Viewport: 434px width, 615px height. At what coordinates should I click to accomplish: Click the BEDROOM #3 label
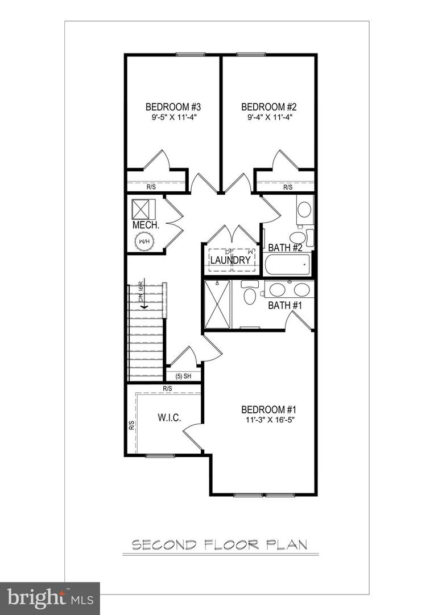point(173,106)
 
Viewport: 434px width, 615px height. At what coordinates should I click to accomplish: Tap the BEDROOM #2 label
point(270,106)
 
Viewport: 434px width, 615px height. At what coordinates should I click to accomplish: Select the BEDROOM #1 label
point(270,409)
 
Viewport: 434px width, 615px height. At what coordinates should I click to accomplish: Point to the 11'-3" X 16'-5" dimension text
point(270,420)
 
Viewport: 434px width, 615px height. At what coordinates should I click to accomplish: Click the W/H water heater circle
point(143,242)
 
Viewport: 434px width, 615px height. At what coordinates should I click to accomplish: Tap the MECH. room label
point(145,225)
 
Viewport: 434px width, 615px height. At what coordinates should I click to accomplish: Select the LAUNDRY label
point(230,260)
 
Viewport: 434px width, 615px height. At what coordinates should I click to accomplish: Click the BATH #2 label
point(285,248)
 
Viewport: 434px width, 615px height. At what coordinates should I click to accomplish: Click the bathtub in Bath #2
point(288,264)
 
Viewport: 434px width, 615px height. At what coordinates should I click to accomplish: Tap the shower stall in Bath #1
point(217,304)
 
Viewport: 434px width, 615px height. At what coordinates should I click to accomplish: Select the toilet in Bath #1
point(249,294)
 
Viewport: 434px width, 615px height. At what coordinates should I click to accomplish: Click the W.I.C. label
point(169,418)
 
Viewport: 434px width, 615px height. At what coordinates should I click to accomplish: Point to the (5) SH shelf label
point(183,376)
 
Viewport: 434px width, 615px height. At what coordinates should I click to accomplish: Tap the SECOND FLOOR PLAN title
point(220,545)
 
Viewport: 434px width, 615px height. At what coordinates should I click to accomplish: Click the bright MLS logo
point(49,598)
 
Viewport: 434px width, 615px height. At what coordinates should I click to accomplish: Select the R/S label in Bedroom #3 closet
point(151,187)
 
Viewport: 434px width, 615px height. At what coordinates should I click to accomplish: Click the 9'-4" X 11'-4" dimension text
point(270,118)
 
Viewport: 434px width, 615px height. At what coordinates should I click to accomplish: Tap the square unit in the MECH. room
point(144,209)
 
